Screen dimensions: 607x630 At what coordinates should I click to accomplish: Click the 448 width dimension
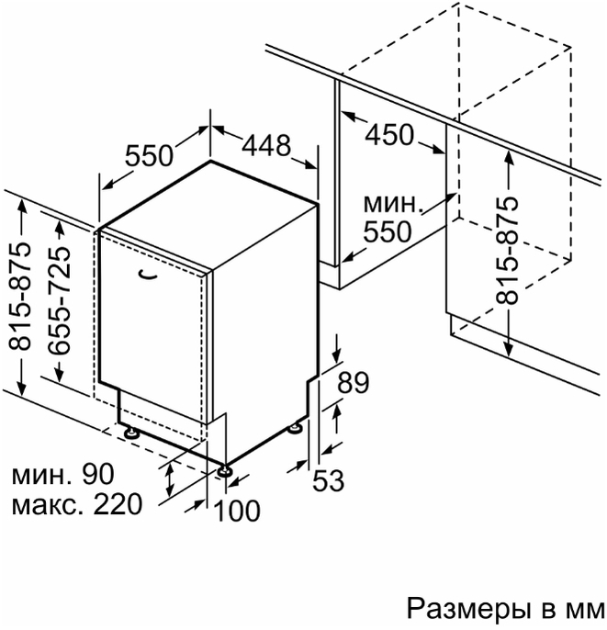point(266,145)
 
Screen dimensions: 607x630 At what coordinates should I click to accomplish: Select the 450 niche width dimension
point(388,135)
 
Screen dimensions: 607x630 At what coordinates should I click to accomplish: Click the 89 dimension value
point(353,382)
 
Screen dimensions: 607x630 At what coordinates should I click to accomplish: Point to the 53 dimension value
point(328,480)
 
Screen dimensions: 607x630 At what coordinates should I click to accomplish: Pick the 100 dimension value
point(238,511)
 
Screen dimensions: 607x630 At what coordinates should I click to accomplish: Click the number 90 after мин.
point(98,474)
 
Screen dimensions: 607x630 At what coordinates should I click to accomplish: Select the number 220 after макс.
point(118,504)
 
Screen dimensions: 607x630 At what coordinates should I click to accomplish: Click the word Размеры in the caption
point(470,609)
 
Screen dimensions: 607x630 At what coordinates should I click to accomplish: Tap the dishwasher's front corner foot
point(223,472)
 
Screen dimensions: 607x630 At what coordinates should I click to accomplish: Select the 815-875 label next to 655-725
point(19,297)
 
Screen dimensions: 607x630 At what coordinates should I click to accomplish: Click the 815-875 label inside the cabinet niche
point(506,250)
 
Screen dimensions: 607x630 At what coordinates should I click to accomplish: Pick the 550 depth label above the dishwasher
point(149,155)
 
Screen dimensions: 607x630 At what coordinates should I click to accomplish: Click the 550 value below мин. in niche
point(388,231)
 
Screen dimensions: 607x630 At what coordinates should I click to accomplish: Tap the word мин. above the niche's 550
point(394,204)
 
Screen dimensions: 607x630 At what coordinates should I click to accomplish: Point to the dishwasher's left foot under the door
point(131,433)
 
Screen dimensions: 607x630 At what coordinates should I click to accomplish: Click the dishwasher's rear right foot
point(296,427)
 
